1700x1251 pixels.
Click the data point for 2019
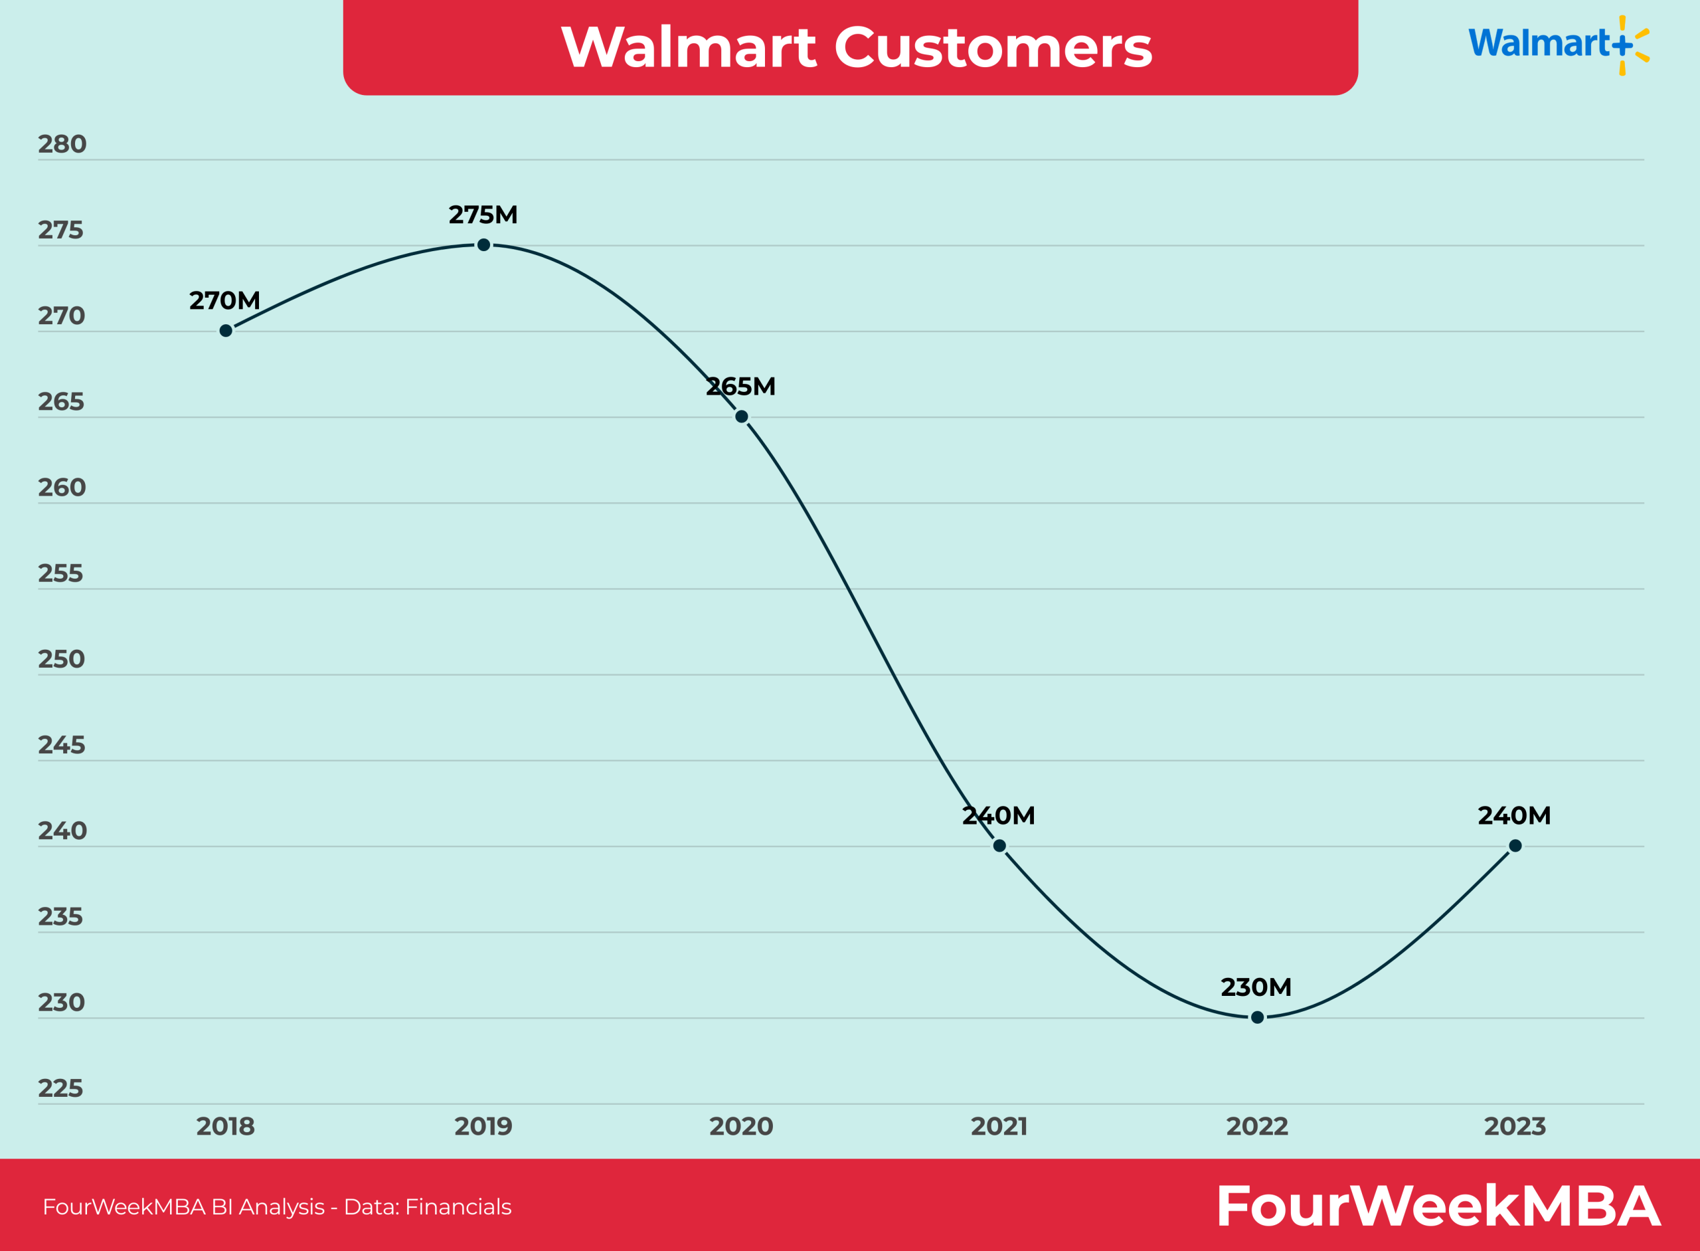pos(483,244)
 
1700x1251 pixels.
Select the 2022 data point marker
pos(1257,1017)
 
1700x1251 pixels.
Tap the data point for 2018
pos(226,330)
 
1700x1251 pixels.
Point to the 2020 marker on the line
pos(742,417)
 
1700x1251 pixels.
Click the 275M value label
pos(483,215)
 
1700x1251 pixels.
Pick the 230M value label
pos(1256,987)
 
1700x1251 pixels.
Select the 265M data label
pos(740,387)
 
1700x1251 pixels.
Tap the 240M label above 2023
pos(1514,816)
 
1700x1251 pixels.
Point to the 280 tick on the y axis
pos(62,144)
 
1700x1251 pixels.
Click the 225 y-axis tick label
pos(60,1088)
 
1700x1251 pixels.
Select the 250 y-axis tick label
pos(61,659)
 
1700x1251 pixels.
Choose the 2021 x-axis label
pos(999,1127)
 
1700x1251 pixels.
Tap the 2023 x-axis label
pos(1515,1127)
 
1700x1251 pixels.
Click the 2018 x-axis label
pos(226,1127)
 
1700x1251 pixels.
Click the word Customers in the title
pos(993,47)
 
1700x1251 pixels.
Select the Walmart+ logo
pos(1558,44)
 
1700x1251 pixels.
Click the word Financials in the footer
pos(458,1207)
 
